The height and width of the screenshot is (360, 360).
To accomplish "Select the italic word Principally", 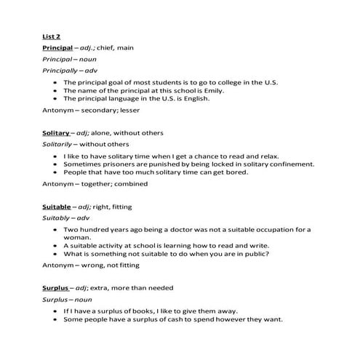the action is (x=61, y=71).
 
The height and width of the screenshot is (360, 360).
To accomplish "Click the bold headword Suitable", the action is (x=57, y=207).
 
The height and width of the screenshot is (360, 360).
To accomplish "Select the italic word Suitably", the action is (x=57, y=217).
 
